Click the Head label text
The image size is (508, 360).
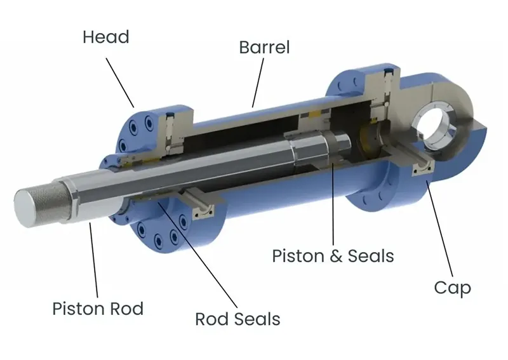pyautogui.click(x=105, y=37)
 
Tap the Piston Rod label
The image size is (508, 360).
pyautogui.click(x=98, y=309)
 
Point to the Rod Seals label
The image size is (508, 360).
pyautogui.click(x=237, y=318)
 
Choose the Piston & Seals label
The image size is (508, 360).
pyautogui.click(x=333, y=256)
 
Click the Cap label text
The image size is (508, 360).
pyautogui.click(x=452, y=288)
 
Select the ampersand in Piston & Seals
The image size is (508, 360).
pyautogui.click(x=335, y=256)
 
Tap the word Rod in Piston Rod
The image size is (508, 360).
pyautogui.click(x=125, y=309)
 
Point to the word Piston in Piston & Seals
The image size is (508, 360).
pyautogui.click(x=298, y=256)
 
